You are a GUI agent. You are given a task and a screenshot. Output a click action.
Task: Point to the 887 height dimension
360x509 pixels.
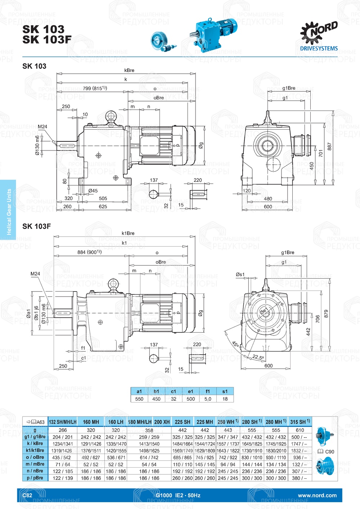329,147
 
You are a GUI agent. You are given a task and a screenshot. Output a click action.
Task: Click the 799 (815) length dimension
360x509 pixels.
95,88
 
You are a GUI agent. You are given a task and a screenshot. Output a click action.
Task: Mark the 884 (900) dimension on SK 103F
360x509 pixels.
90,252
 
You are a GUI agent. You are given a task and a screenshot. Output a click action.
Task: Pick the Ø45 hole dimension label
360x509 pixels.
93,191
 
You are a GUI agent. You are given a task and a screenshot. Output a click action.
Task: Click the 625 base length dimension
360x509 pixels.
103,207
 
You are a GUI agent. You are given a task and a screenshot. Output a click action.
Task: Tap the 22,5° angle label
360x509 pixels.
258,357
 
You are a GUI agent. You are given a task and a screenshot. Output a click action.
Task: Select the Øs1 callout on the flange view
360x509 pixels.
240,274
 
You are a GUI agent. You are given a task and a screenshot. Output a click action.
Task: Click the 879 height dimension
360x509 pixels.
326,314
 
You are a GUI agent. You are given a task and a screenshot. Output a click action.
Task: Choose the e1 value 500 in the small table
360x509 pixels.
191,399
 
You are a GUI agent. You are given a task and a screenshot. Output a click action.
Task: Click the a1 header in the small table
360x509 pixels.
139,391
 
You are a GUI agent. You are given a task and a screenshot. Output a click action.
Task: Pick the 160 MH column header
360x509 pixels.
91,422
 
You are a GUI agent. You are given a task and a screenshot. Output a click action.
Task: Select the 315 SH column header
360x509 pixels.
300,422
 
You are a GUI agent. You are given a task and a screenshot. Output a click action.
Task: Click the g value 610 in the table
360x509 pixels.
300,430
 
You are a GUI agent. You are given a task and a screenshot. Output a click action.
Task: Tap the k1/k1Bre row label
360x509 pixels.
35,450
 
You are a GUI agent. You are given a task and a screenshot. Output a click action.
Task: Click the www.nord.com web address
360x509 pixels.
317,495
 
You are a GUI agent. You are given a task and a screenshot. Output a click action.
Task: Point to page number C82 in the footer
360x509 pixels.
27,495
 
